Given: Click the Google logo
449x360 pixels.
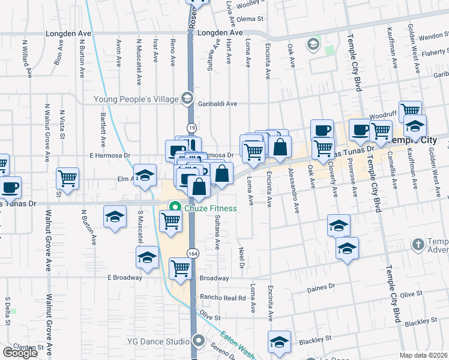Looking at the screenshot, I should (x=20, y=353).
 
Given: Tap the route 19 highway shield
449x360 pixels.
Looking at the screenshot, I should (x=191, y=128).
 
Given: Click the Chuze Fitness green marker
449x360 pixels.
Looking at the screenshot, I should (x=175, y=208).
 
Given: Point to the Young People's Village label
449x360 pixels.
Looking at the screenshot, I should (x=136, y=99).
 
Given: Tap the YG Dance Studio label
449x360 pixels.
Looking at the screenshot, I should (x=158, y=342).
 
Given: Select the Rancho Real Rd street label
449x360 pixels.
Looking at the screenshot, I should (x=223, y=298).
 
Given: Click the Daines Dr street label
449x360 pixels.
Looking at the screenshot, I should (x=319, y=289).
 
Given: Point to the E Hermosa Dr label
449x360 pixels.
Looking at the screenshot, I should (x=110, y=155).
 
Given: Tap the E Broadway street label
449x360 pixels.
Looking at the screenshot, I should (x=124, y=278).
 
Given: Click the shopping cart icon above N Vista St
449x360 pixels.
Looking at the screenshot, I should (x=67, y=178).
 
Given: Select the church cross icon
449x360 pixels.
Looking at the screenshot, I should (x=418, y=244).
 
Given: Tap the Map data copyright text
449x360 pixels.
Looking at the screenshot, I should (x=424, y=355).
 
